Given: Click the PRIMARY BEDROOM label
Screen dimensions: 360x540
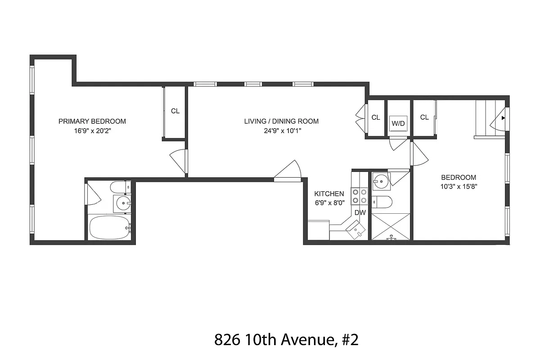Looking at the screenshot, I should pos(92,121).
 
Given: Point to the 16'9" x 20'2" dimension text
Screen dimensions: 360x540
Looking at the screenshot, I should pos(92,131).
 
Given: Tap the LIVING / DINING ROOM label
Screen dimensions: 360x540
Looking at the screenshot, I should pos(281,121).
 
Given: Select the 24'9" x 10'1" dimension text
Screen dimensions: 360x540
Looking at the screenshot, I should pos(281,131).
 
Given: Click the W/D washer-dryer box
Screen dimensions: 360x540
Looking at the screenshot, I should pos(398,123).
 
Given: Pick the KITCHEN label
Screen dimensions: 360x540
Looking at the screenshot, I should pos(329,193).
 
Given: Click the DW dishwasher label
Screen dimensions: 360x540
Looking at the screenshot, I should pos(360,212).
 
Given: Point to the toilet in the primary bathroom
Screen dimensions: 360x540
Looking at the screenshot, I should pos(120,186).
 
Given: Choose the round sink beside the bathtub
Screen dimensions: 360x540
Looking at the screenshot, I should pos(123,204).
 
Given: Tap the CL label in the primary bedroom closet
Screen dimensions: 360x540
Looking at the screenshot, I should pos(175,111).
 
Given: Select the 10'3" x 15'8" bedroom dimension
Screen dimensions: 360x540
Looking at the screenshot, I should pos(458,187).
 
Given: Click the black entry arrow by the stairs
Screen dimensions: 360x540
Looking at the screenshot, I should pos(503,119).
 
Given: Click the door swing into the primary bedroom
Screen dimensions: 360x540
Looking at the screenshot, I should pos(179,160).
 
